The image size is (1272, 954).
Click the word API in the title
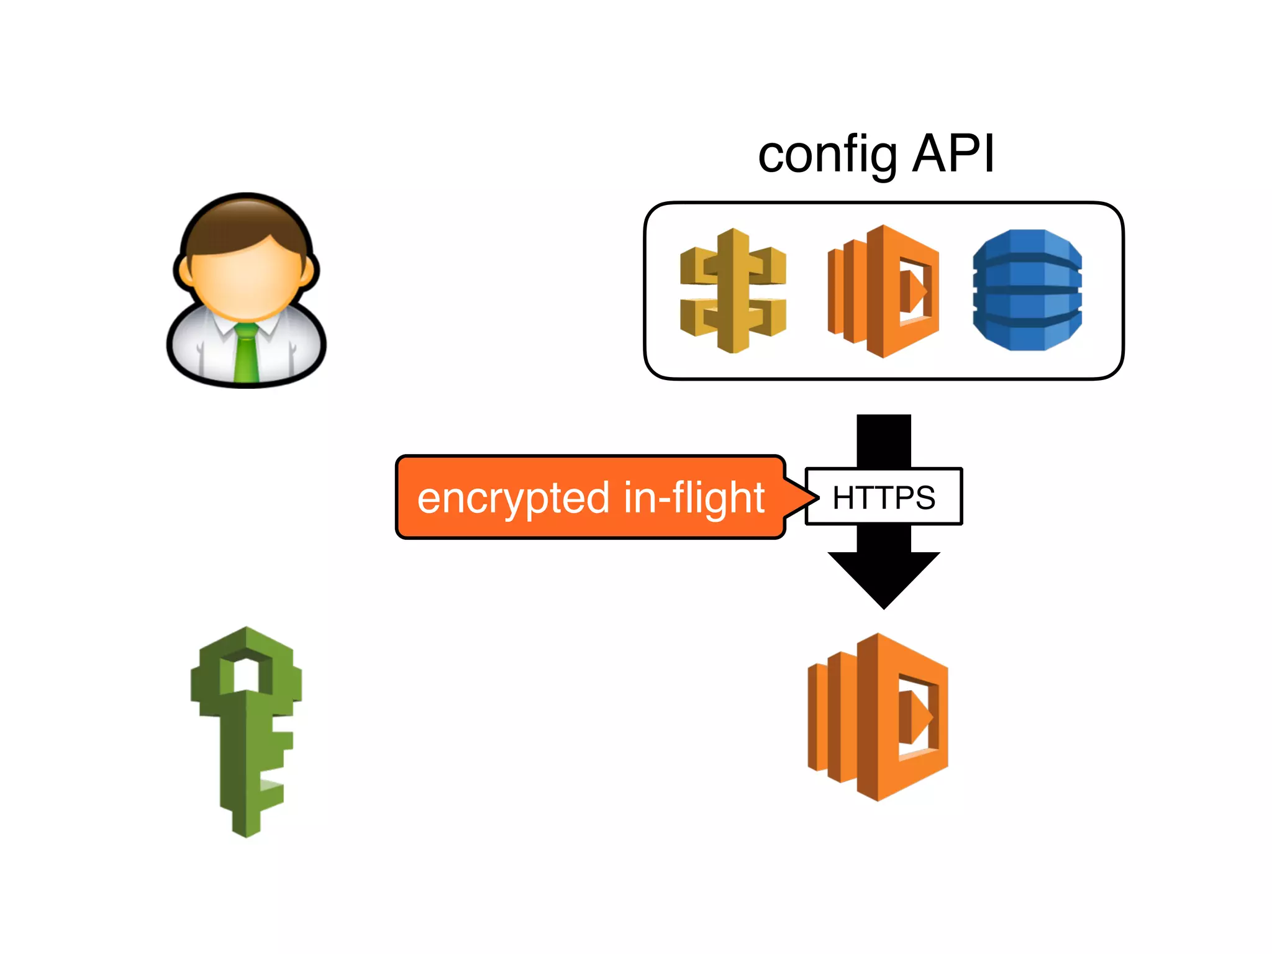pos(953,154)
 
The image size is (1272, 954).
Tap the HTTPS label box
pos(883,497)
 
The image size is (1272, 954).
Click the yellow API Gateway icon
pos(733,291)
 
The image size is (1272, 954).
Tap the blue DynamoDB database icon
pos(1027,290)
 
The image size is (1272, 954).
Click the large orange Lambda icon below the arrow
pos(878,717)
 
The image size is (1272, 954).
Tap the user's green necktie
pos(246,354)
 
